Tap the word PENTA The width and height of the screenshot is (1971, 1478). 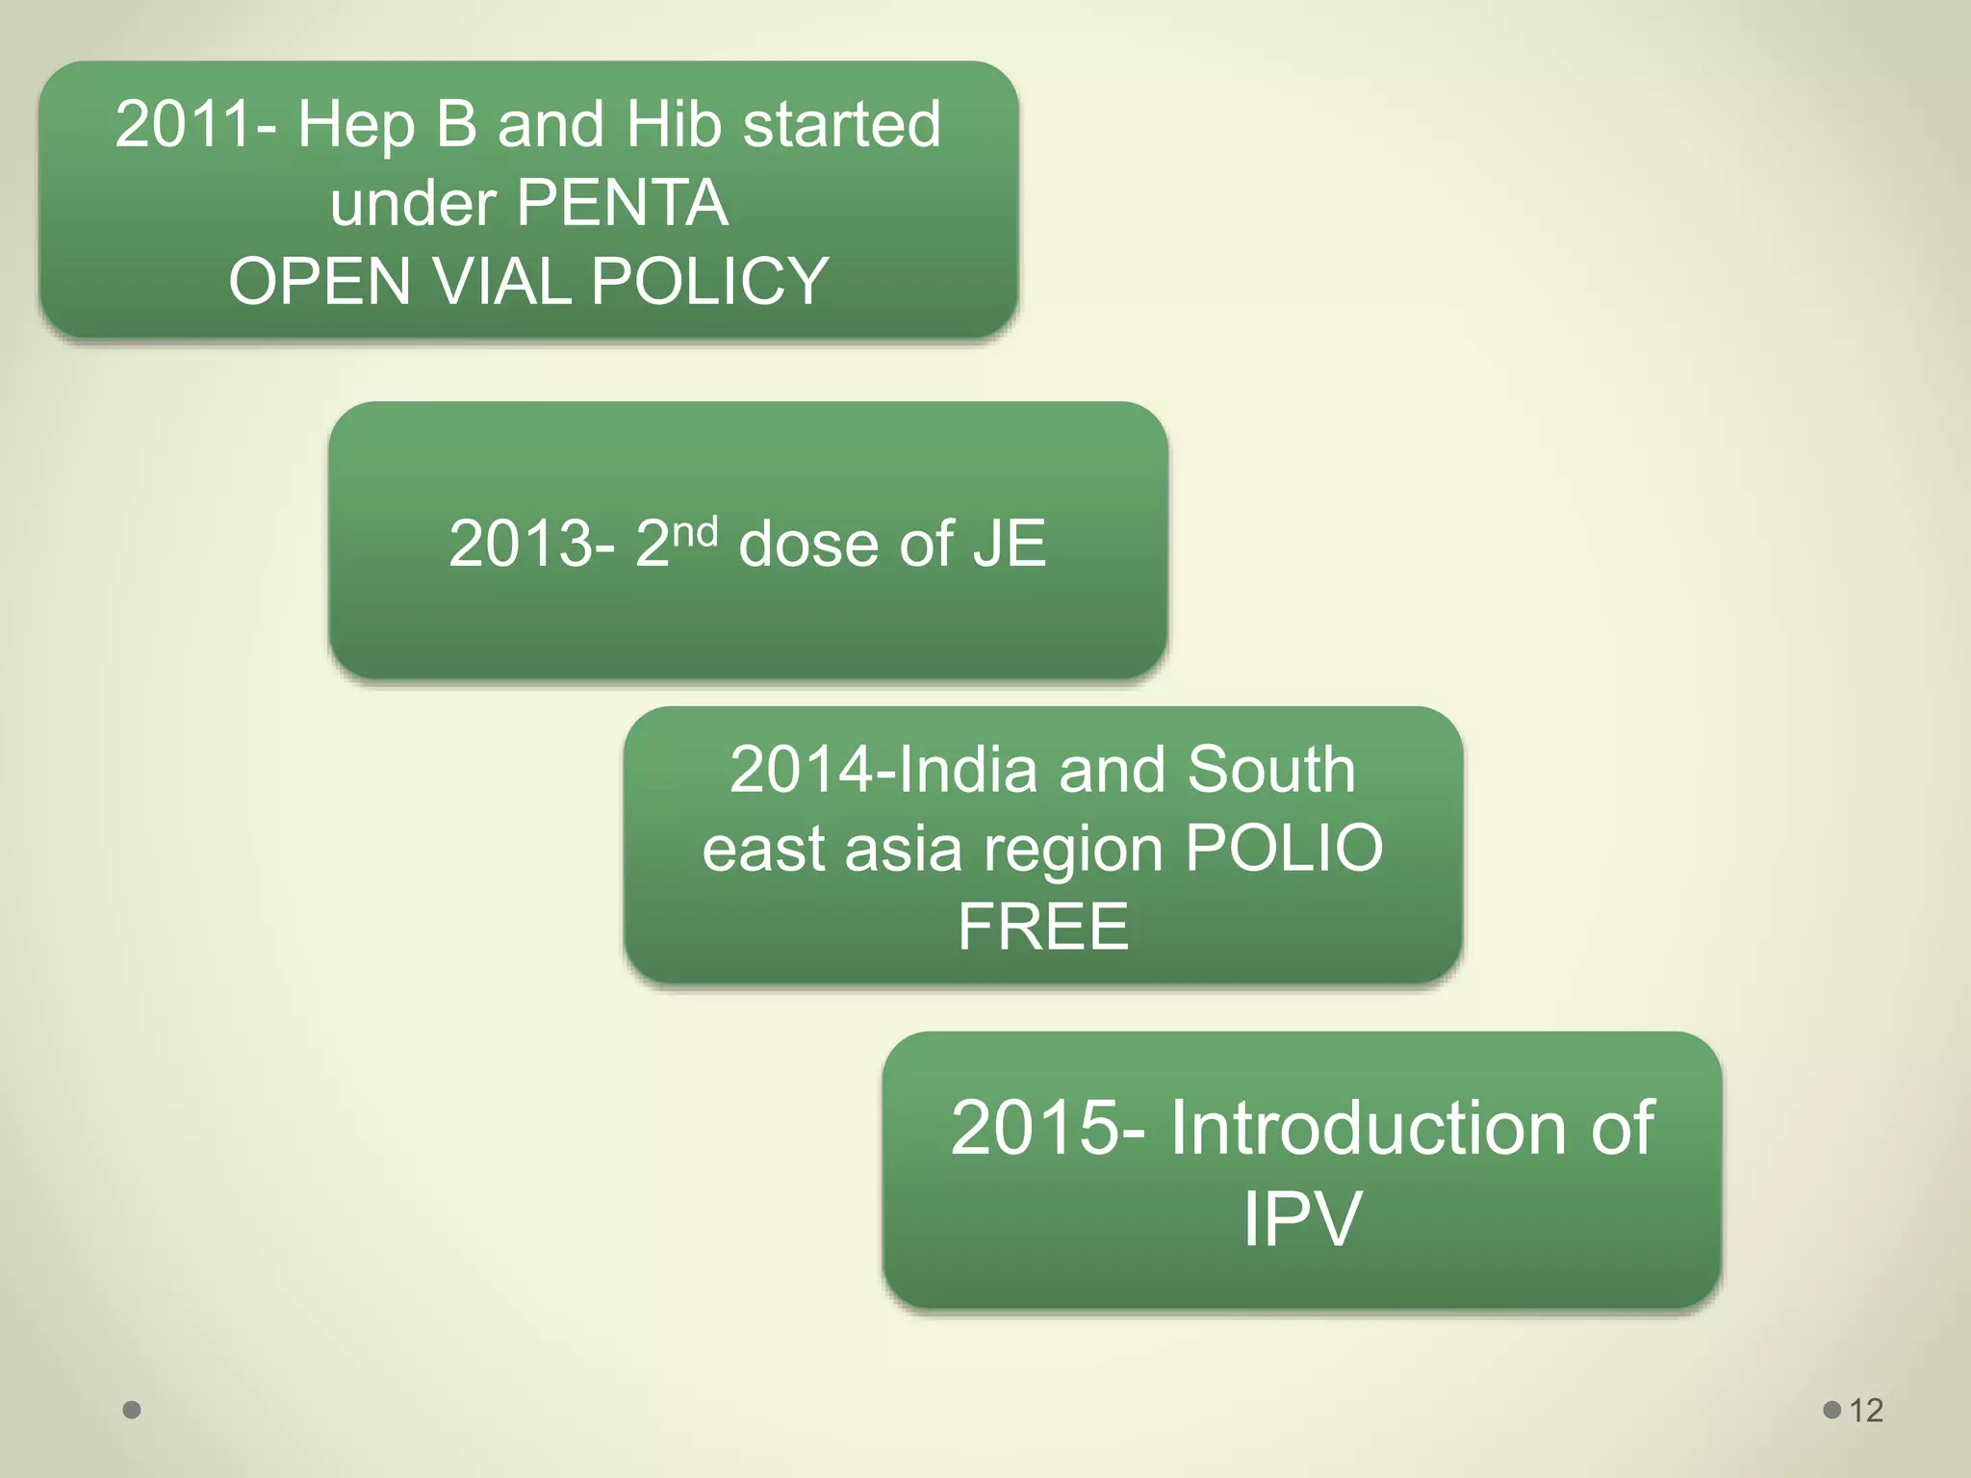623,203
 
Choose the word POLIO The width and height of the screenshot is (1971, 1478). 1284,849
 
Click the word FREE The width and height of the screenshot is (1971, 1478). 1043,927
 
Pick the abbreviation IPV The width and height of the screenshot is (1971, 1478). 1301,1219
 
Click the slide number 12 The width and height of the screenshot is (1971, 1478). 1866,1411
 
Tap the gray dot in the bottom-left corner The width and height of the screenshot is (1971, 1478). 132,1410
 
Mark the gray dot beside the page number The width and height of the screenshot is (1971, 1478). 1832,1410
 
